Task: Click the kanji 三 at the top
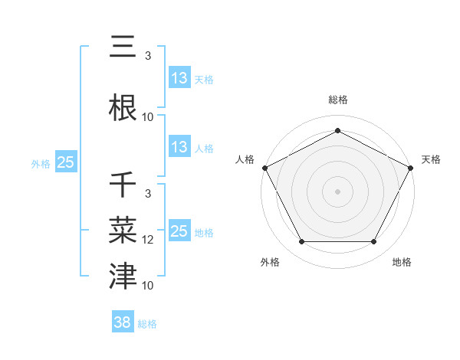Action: pos(124,48)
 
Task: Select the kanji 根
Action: pos(124,107)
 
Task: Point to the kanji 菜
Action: pos(124,230)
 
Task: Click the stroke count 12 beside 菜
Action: pos(148,240)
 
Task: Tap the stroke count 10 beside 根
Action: pos(148,117)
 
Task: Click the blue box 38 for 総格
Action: pos(123,323)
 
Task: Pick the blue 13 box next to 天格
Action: pos(179,78)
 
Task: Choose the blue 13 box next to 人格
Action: pos(179,147)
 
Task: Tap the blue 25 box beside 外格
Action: pos(65,162)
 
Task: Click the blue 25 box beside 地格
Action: pos(179,231)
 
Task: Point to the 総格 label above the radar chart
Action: pos(337,100)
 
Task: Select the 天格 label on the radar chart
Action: pos(431,159)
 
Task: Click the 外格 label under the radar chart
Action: pos(270,262)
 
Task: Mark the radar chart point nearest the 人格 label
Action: pos(264,167)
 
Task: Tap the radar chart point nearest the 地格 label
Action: pos(374,242)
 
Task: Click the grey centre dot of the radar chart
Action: pos(337,191)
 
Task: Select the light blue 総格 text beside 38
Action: pos(147,324)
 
